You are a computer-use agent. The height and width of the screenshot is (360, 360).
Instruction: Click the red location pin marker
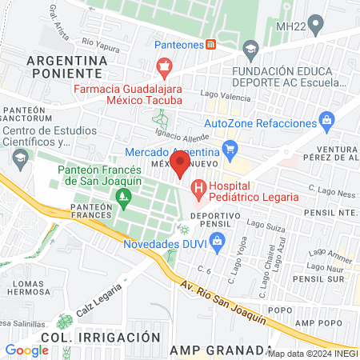[x=180, y=164]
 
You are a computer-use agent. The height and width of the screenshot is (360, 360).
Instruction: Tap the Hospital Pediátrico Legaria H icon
[x=198, y=190]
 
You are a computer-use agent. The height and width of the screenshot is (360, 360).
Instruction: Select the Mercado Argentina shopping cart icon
[x=230, y=148]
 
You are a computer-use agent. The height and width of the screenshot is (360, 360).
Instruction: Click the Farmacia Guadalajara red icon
[x=164, y=66]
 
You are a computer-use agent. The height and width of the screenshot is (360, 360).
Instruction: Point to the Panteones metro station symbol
[x=211, y=44]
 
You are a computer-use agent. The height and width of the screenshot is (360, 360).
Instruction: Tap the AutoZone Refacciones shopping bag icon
[x=325, y=121]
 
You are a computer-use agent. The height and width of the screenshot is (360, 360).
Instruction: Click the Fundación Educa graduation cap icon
[x=251, y=50]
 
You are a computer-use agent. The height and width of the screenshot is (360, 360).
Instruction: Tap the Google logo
[x=27, y=350]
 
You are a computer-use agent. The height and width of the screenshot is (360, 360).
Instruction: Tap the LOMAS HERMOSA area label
[x=27, y=288]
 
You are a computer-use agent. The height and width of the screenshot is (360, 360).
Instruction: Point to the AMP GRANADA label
[x=219, y=350]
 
